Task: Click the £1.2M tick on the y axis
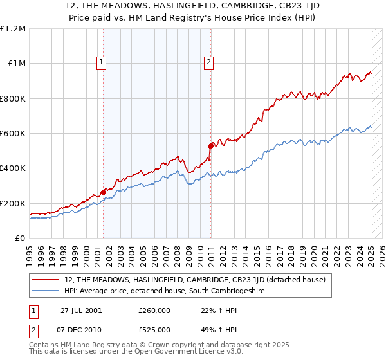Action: [x=13, y=28]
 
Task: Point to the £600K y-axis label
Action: [x=13, y=134]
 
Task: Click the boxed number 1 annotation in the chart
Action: [x=102, y=62]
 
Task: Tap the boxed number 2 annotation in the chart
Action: [x=209, y=62]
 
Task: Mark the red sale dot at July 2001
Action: [x=104, y=192]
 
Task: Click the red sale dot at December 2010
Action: [x=210, y=146]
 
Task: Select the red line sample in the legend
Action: [x=46, y=280]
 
